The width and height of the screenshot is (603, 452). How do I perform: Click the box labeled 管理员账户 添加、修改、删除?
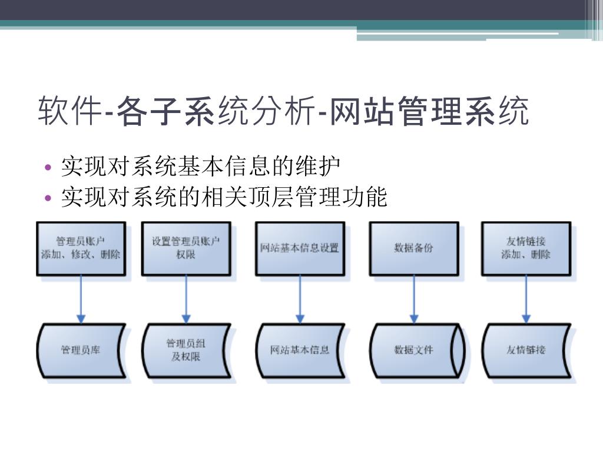point(81,248)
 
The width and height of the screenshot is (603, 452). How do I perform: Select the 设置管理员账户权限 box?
point(186,248)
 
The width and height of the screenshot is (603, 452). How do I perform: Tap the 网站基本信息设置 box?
point(300,248)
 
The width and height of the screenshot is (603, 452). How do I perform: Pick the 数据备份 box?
point(413,248)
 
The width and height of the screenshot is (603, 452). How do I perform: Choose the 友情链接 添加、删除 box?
point(526,248)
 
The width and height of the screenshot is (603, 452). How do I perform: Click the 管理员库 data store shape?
point(81,350)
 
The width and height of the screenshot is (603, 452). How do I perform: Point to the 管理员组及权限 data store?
point(186,350)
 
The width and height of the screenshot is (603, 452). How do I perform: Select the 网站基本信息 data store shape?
point(300,350)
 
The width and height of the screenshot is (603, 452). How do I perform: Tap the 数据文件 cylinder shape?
point(413,350)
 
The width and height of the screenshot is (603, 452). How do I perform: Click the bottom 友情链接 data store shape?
point(526,350)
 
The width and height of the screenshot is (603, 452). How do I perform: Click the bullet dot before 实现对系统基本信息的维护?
point(49,168)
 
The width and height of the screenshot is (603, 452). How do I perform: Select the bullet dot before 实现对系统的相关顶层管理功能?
point(49,197)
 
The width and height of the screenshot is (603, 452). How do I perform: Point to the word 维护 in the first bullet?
point(324,167)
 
